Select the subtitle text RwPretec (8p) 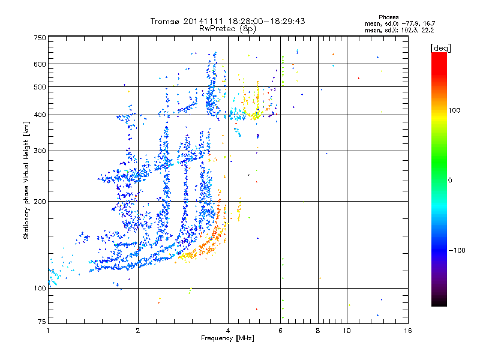tap(228, 28)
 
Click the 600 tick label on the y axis tap(40, 64)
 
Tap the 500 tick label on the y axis tap(40, 87)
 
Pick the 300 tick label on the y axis tap(40, 151)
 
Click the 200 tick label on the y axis tap(40, 202)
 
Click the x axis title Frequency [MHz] tap(228, 338)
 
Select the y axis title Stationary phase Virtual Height tap(26, 180)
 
